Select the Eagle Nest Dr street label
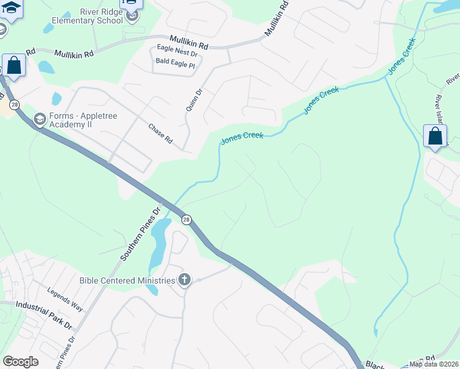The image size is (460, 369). [177, 54]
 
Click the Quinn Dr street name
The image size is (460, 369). [194, 100]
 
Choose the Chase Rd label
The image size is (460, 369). [161, 133]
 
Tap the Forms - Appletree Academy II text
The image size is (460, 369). [84, 117]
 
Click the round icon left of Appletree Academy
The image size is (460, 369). [40, 119]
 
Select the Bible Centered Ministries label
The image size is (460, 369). [127, 281]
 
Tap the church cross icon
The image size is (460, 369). [183, 281]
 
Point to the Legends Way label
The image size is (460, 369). [65, 298]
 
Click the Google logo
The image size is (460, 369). [20, 362]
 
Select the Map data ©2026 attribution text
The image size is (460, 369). [434, 364]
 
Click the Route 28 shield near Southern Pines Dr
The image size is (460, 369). [186, 220]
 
